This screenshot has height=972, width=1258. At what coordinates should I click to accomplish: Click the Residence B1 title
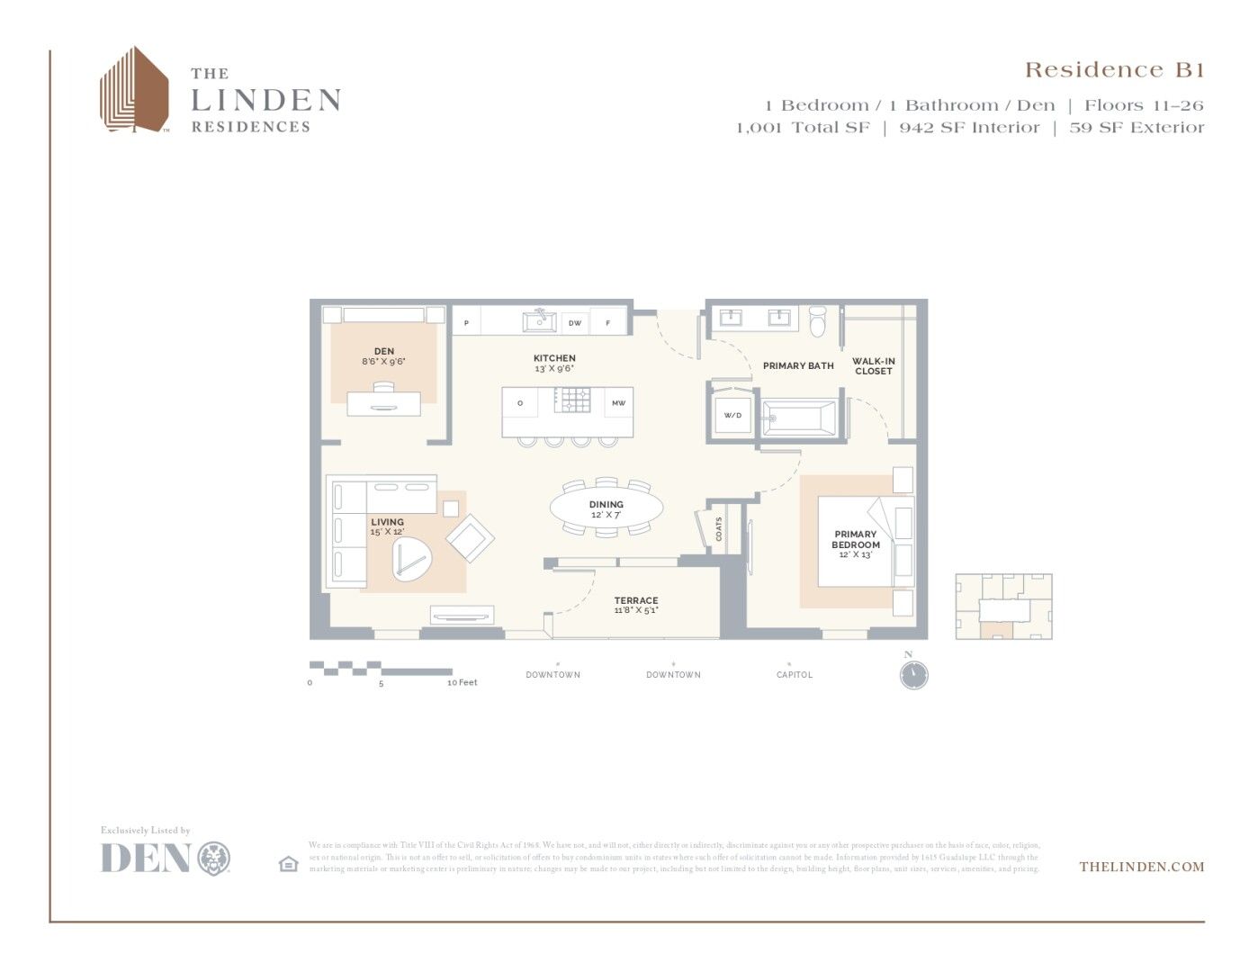point(1114,70)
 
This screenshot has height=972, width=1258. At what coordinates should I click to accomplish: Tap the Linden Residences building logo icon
point(134,90)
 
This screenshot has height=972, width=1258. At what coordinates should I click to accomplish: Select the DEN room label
point(384,352)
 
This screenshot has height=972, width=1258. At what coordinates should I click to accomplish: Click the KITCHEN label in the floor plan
point(554,358)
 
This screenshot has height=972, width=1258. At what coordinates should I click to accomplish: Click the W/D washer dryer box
point(732,416)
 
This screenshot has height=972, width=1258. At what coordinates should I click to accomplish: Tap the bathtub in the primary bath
point(799,418)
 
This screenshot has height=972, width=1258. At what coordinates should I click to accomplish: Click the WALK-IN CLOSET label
point(874,366)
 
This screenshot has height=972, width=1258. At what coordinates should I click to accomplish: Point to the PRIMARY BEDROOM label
point(855,539)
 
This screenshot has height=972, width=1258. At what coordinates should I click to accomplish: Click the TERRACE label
point(636,600)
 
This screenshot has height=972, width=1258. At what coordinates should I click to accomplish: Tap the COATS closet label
point(719,528)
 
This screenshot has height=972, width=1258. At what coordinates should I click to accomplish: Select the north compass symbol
point(913,675)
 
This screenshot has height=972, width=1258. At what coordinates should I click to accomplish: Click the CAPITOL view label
point(795,675)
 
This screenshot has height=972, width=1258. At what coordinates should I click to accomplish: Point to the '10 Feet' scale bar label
point(463,683)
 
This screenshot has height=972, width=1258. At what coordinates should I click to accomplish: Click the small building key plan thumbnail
point(1003,607)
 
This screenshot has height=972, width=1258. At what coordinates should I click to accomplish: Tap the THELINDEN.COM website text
point(1141,867)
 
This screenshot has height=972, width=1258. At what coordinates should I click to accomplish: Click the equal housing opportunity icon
point(288,864)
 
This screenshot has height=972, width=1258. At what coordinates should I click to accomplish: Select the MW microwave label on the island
point(619,403)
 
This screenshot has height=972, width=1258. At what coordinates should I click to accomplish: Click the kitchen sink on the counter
point(539,321)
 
